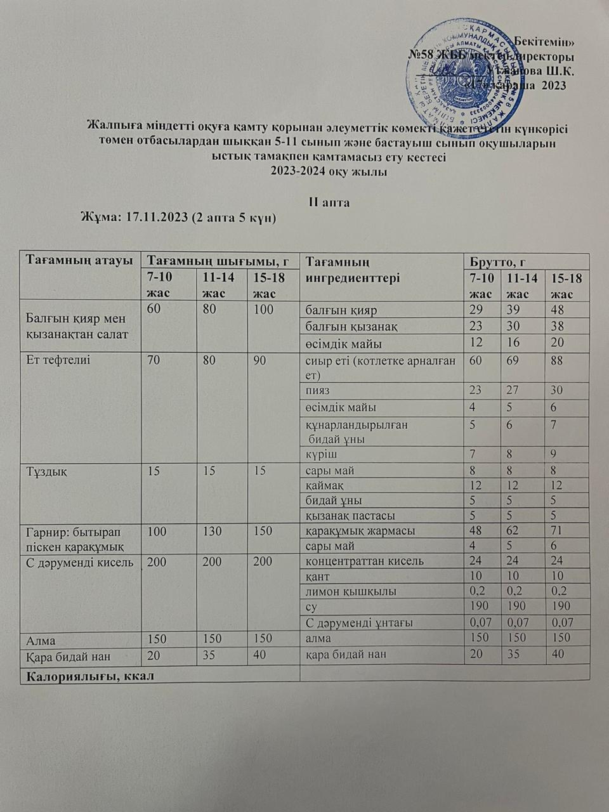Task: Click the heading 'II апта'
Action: [x=329, y=202]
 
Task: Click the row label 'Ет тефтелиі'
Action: [x=58, y=360]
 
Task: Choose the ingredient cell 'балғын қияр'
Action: [x=341, y=310]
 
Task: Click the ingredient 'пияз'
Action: [x=317, y=390]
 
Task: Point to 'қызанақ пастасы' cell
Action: [x=350, y=515]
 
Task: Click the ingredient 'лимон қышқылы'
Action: [x=351, y=591]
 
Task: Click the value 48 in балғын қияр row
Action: [x=559, y=310]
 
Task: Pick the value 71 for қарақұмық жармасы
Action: [x=558, y=530]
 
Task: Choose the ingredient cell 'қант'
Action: [x=317, y=577]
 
